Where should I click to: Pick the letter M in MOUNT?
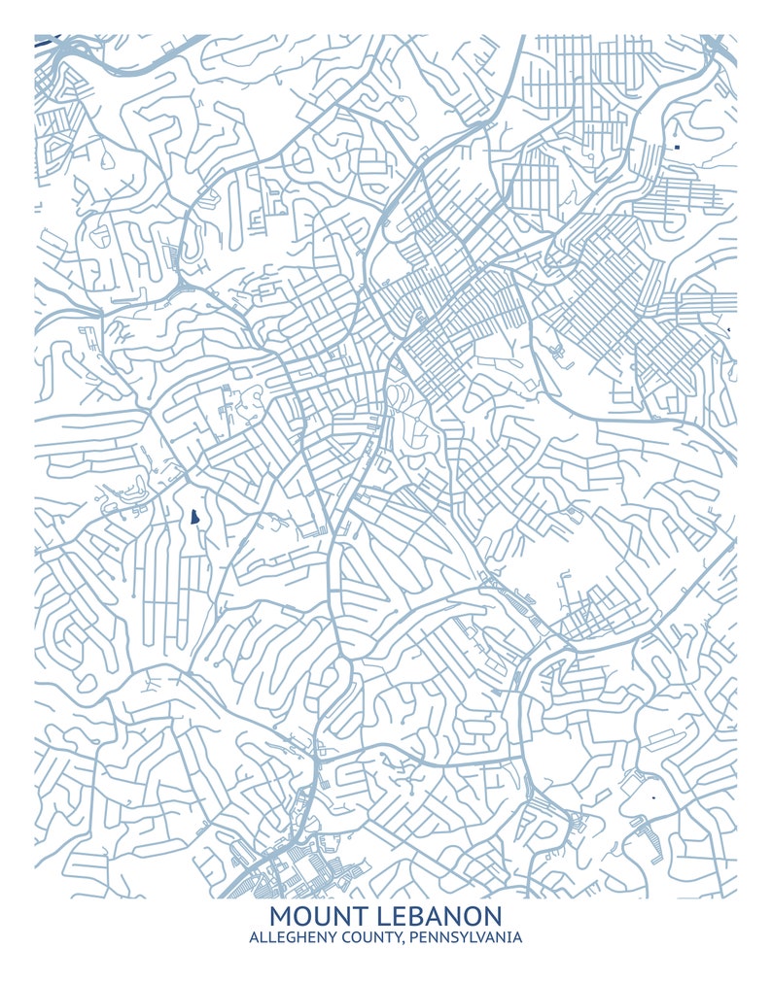(280, 915)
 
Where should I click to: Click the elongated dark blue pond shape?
(194, 516)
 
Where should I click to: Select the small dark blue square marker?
(676, 147)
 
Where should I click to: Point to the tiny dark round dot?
(654, 797)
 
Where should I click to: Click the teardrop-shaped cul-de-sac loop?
(104, 156)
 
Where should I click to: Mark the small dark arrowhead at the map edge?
(728, 332)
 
